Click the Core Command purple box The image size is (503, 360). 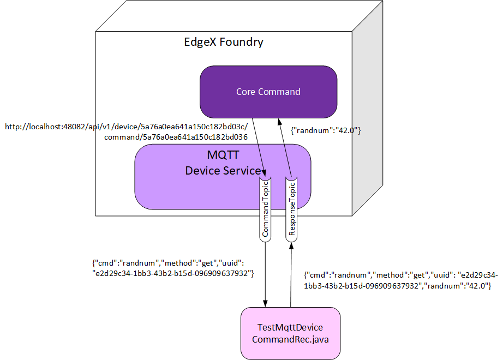click(268, 92)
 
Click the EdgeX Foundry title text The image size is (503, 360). click(224, 42)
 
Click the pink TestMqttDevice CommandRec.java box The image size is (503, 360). click(290, 333)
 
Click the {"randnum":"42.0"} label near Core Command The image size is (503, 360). click(326, 131)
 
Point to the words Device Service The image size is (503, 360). click(223, 171)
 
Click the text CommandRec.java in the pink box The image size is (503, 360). click(290, 339)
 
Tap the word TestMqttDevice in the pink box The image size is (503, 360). click(290, 327)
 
